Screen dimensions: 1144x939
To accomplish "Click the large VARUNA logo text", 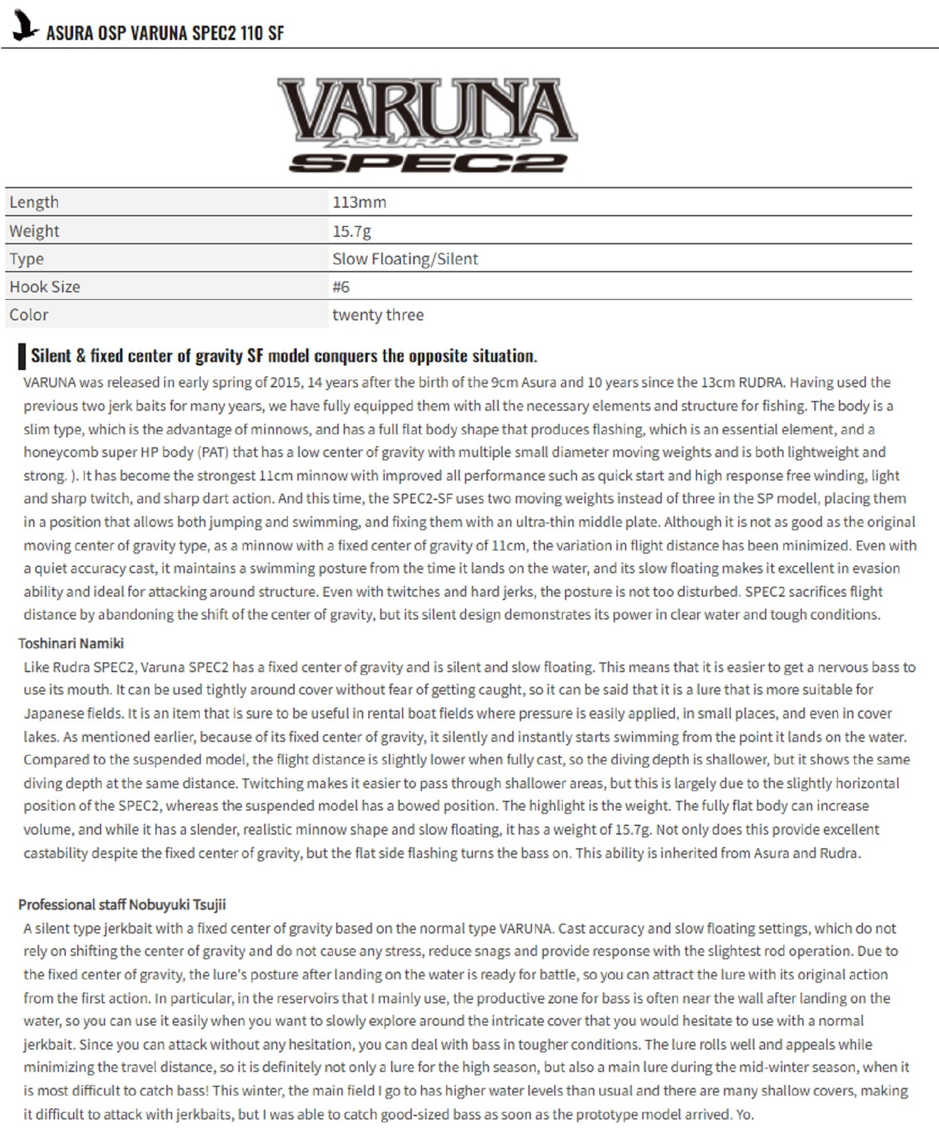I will pos(427,110).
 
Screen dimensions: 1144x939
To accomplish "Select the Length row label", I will pos(34,202).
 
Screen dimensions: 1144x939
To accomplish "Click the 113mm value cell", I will pos(359,202).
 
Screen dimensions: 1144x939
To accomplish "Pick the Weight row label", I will pos(34,231).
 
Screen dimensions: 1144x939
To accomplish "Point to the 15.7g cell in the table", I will pos(352,231).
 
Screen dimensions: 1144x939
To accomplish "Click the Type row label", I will pos(26,259).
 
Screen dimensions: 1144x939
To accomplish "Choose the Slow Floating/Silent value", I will pos(405,259).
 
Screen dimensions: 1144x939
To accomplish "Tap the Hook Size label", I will pos(45,287).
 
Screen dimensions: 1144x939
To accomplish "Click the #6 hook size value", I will pos(341,287).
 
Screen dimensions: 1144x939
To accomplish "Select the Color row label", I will pos(29,315).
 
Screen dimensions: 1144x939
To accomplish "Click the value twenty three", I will pos(378,315).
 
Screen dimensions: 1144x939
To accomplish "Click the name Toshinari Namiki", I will pos(71,643).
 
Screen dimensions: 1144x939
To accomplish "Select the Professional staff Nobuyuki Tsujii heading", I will pos(122,904).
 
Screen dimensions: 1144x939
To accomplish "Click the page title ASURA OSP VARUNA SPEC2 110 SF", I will pos(165,33).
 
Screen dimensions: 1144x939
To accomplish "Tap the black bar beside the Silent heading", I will pos(22,356).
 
